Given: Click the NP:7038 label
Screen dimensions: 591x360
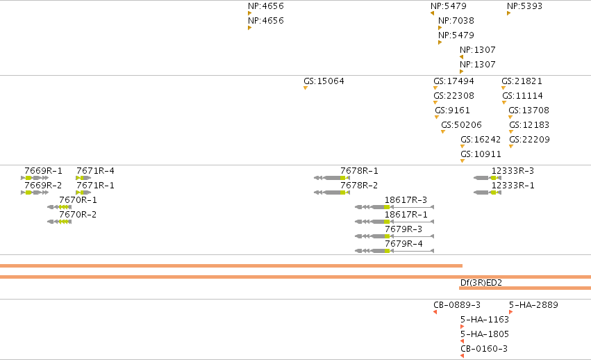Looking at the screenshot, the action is [456, 21].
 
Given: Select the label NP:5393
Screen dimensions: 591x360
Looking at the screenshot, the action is [524, 6].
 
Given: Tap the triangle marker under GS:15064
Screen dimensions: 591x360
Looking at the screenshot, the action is [306, 88].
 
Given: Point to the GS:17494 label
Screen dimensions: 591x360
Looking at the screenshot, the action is [453, 81].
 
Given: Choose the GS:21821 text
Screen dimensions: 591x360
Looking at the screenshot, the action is [522, 81].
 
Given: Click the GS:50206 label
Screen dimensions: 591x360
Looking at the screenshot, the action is [461, 125].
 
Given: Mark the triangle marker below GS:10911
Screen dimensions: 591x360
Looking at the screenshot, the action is [463, 161].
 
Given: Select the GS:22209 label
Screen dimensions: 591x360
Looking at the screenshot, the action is [530, 140].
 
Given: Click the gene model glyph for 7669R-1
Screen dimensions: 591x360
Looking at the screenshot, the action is [35, 178].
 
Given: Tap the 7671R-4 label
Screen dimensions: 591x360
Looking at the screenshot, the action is [95, 171].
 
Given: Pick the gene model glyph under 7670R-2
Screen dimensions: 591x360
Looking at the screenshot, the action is [59, 222].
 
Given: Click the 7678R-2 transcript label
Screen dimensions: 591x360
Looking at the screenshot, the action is [359, 186].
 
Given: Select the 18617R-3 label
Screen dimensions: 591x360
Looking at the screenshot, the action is [406, 200].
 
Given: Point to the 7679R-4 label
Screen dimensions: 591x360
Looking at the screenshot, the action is [403, 244].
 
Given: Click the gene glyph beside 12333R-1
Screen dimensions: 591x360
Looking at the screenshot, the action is [488, 193].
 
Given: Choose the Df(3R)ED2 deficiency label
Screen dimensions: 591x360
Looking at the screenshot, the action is [481, 283].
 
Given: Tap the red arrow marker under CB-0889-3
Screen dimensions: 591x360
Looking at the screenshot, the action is [435, 312].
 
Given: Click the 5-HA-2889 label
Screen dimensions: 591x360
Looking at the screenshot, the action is [534, 305].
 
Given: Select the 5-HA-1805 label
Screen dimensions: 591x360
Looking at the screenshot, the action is [485, 334].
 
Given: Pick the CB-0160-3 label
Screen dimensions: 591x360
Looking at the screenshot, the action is [484, 349].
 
